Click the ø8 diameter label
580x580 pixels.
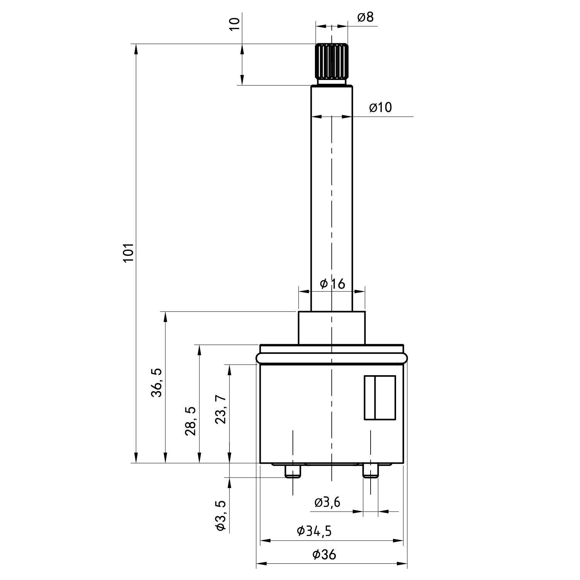click(x=366, y=17)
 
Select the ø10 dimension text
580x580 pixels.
click(x=380, y=107)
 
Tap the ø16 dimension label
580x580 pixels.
click(x=332, y=284)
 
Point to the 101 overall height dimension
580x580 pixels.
click(x=128, y=253)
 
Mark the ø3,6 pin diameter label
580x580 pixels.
click(x=328, y=502)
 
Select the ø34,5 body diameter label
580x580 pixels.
click(x=314, y=531)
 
